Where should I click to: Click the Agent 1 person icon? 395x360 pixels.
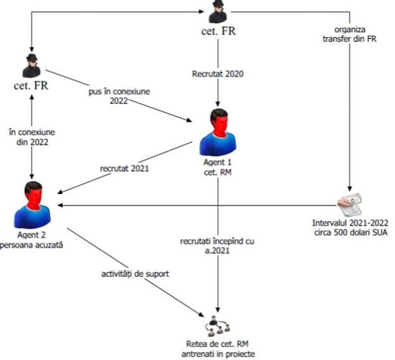[x=218, y=132]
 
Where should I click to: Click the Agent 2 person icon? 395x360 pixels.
[x=32, y=205]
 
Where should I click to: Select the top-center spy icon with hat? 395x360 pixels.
[x=218, y=11]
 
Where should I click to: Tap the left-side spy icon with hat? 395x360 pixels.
[x=31, y=66]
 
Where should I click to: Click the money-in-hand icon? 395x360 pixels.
[x=350, y=205]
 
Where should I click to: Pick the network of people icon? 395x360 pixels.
[x=218, y=326]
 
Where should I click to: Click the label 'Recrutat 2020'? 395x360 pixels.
[x=218, y=74]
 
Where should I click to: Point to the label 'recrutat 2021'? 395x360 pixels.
[x=125, y=168]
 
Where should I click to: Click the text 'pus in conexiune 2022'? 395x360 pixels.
[x=120, y=96]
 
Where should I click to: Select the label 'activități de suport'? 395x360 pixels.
[x=135, y=274]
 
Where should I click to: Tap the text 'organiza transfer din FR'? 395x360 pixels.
[x=350, y=34]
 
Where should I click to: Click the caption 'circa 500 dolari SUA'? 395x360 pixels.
[x=351, y=233]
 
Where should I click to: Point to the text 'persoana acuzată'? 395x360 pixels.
[x=31, y=245]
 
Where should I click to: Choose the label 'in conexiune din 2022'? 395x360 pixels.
[x=32, y=137]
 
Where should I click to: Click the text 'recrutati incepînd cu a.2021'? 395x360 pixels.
[x=217, y=245]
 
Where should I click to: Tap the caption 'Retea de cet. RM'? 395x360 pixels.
[x=217, y=344]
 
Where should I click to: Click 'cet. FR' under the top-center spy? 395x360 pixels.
[x=218, y=31]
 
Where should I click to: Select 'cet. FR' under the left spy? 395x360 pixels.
[x=31, y=86]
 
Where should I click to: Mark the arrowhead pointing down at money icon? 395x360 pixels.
[x=350, y=189]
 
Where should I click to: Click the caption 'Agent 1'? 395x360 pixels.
[x=217, y=162]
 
